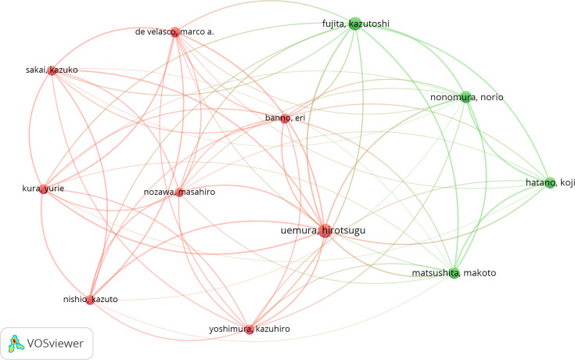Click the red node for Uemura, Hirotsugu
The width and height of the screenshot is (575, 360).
[324, 229]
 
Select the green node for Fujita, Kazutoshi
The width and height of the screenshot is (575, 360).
[354, 23]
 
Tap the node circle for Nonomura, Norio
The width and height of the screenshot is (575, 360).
[466, 97]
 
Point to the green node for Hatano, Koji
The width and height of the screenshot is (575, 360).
[550, 182]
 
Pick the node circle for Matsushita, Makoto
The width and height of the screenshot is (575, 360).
[454, 272]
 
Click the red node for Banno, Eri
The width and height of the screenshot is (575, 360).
[285, 118]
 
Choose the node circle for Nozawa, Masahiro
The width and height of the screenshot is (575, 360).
[180, 192]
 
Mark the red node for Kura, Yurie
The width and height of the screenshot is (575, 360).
[44, 189]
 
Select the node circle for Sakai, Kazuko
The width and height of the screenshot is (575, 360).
[52, 70]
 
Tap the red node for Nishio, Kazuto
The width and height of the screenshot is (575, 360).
[91, 300]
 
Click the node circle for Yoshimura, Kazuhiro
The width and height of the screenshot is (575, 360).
[250, 329]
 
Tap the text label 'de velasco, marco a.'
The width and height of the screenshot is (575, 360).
[174, 32]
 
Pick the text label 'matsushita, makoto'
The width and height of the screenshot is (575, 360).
[454, 272]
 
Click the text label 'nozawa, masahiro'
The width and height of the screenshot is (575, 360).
[179, 192]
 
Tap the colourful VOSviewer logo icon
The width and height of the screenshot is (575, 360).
[16, 342]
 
